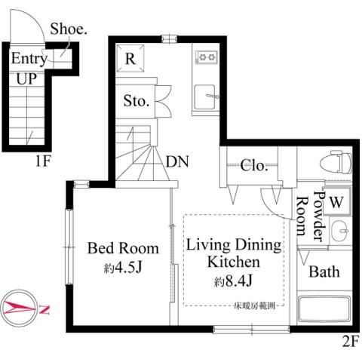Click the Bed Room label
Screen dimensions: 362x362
pos(123,247)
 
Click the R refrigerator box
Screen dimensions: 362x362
pos(130,58)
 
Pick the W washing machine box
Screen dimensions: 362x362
pos(336,201)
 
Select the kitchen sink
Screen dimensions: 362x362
pos(205,98)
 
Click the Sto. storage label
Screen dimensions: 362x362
pos(137,100)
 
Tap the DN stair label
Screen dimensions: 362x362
pos(177,161)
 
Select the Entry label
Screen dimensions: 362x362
pos(29,59)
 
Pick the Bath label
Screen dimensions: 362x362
pos(324,271)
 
